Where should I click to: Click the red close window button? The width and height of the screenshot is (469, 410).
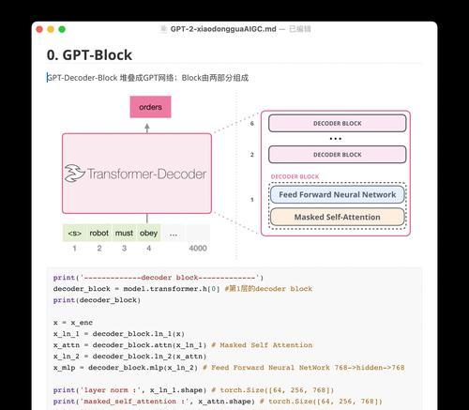coord(39,29)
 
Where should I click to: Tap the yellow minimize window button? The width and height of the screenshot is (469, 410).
coord(51,29)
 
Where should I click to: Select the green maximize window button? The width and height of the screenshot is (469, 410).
coord(62,29)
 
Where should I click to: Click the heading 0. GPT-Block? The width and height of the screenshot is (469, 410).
coord(89,55)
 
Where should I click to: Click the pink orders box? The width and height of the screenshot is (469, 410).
coord(150,107)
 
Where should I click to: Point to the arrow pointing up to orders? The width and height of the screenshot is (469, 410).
coord(147,128)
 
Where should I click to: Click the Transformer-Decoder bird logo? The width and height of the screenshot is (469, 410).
coord(74,174)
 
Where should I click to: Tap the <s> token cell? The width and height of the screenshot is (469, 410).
coord(75,233)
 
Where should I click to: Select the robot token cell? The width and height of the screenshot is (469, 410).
coord(99,233)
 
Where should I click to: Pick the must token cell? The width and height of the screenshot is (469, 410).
coord(124,233)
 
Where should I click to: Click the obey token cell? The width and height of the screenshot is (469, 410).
coord(148,233)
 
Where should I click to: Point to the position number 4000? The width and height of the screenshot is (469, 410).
coord(198,249)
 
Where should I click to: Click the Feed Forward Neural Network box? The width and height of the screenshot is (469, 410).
coord(338,194)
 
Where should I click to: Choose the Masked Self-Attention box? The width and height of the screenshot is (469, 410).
coord(338,217)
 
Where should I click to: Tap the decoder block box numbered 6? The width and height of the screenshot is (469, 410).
coord(338,123)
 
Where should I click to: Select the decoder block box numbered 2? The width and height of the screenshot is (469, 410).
coord(338,155)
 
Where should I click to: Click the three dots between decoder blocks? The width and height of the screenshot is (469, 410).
coord(336,139)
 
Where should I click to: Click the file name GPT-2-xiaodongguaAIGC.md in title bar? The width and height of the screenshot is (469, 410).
coord(223,29)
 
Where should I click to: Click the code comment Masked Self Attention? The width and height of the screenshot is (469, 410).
coord(266,345)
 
